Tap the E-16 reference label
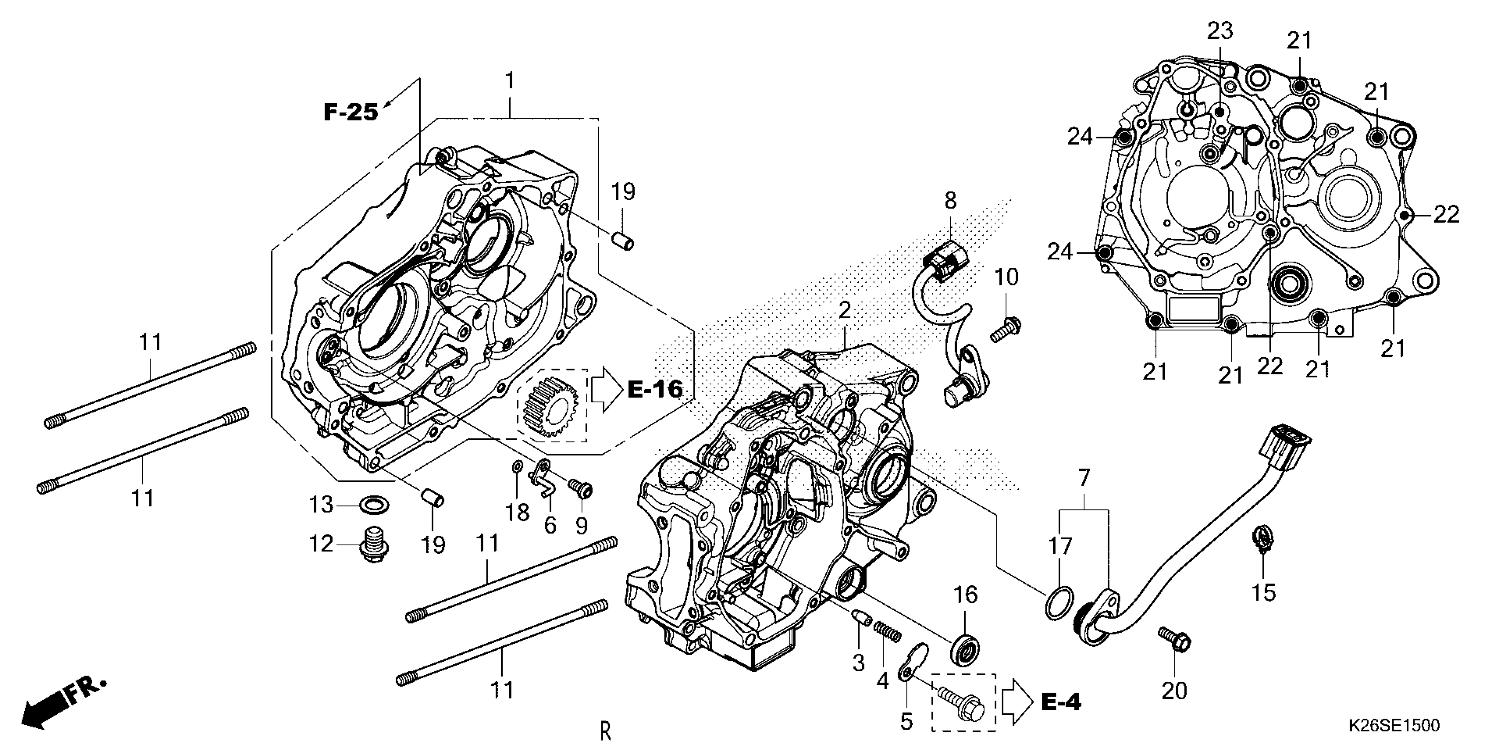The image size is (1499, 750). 655,390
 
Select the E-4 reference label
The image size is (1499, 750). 1061,703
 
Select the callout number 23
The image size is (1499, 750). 1219,31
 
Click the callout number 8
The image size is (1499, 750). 950,201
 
